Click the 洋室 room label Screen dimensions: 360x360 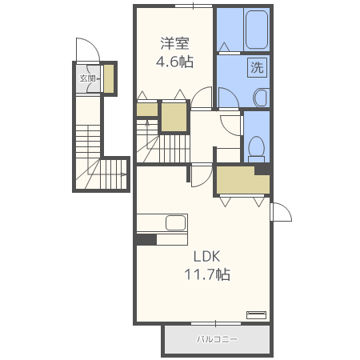(174, 43)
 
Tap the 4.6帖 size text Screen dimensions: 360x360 (174, 62)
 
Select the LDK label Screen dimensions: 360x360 (207, 257)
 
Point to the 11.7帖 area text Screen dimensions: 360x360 (207, 274)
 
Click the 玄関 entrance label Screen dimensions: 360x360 (88, 78)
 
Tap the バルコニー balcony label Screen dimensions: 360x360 (217, 339)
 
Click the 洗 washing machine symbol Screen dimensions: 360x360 (257, 67)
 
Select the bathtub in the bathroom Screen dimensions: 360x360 (256, 30)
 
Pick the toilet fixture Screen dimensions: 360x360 (257, 150)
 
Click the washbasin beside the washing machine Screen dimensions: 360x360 (261, 98)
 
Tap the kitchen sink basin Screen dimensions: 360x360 (176, 223)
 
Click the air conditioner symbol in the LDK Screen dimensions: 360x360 (256, 314)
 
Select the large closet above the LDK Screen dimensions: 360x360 (242, 180)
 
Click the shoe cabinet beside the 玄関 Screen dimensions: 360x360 (109, 78)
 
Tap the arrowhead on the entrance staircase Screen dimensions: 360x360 (124, 174)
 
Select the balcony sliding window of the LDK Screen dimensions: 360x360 (216, 323)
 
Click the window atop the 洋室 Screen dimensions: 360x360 (194, 6)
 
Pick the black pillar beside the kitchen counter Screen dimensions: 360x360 (146, 239)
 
